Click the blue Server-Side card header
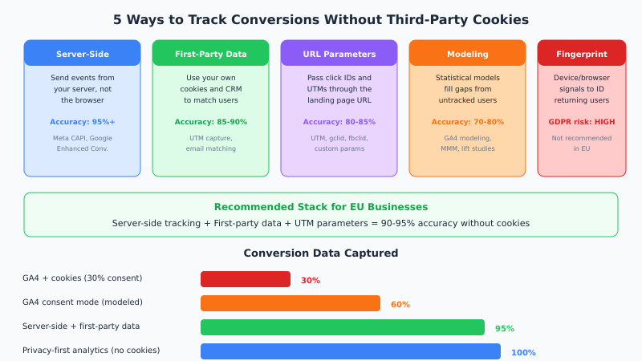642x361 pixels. [82, 54]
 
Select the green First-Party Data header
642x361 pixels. [210, 54]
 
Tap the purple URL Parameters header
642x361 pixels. [339, 54]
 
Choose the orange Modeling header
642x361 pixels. [467, 54]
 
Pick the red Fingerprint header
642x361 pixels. [581, 54]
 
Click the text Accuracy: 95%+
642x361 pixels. [82, 122]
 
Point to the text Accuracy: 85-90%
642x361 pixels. [210, 122]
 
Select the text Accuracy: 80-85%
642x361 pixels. [339, 122]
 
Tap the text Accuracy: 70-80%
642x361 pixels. [467, 122]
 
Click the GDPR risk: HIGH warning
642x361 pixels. [581, 122]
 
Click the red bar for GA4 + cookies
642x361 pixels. [245, 279]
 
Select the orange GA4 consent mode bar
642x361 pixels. [290, 303]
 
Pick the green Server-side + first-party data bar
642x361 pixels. [342, 327]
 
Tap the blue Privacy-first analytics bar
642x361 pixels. [350, 351]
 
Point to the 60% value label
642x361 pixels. [400, 305]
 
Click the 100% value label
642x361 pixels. [522, 353]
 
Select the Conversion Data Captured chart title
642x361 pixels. [321, 254]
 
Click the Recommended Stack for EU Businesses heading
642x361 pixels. [321, 207]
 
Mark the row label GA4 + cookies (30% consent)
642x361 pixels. [82, 278]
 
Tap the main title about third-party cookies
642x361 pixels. [321, 19]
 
